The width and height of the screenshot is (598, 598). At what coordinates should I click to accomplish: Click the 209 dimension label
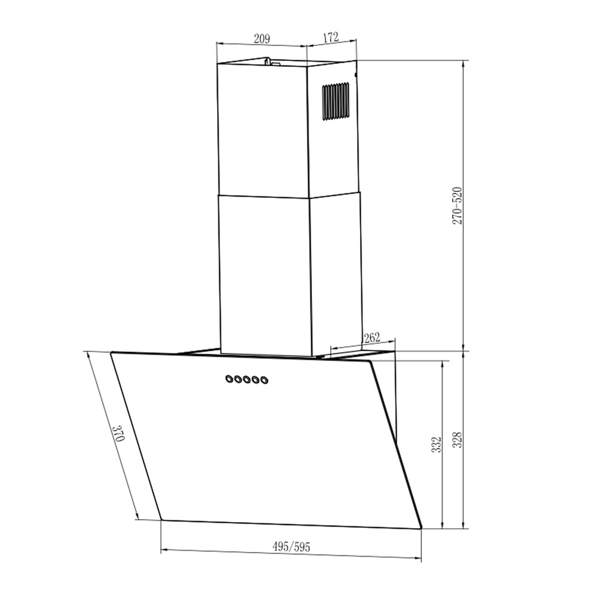[262, 39]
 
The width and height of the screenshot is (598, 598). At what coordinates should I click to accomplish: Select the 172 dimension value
[331, 37]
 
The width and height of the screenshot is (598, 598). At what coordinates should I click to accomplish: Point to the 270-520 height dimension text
[457, 206]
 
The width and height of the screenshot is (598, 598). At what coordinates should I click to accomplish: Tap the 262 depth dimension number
[371, 338]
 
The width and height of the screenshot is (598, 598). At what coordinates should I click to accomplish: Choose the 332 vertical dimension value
[436, 444]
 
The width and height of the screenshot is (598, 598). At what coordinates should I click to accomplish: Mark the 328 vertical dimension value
[458, 441]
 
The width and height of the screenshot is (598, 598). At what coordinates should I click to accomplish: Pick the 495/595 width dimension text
[291, 547]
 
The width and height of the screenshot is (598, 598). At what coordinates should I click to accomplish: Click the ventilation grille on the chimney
[335, 101]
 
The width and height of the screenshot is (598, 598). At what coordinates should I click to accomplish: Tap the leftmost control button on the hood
[229, 379]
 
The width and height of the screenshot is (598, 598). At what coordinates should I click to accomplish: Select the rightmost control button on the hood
[264, 380]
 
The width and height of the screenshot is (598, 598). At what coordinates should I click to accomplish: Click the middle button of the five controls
[246, 379]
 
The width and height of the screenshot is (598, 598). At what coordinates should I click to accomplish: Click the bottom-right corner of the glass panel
[421, 528]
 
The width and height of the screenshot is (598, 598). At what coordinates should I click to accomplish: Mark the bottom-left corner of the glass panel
[161, 518]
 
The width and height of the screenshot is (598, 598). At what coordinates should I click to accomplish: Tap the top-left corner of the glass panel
[111, 353]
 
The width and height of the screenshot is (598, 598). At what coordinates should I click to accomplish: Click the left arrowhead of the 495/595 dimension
[163, 548]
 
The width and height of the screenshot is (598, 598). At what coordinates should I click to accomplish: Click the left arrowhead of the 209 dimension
[218, 44]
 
